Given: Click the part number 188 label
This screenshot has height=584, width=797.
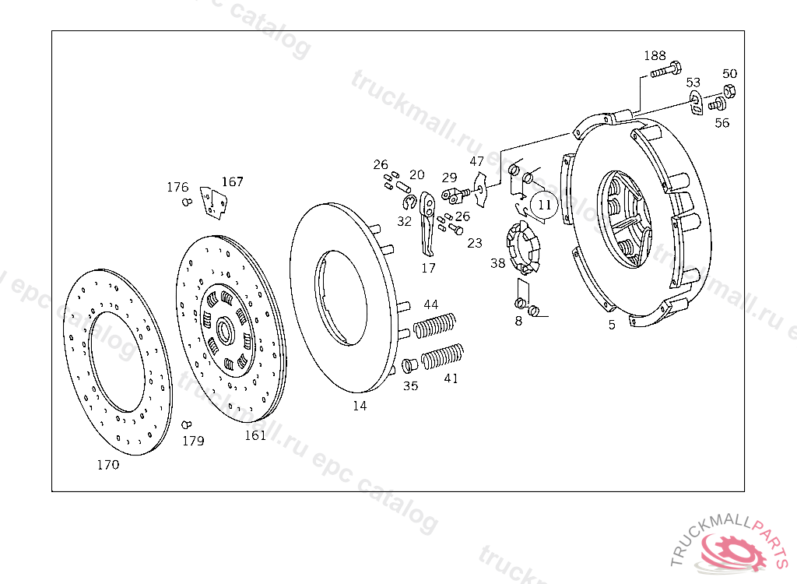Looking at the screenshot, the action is (x=655, y=56).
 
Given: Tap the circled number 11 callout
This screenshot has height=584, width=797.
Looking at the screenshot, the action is (x=544, y=206).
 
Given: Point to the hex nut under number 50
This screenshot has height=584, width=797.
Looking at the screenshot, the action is (x=730, y=90).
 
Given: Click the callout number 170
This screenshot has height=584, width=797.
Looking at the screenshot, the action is (x=108, y=465).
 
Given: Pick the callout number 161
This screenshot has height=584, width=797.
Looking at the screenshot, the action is (x=255, y=435).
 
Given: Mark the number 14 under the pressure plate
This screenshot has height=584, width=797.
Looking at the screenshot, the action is (x=359, y=406).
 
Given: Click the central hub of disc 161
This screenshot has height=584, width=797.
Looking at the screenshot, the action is (x=225, y=330).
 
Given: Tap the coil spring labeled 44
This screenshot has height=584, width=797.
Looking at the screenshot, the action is (x=435, y=325).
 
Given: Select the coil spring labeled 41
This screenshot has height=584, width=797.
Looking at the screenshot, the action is (x=443, y=356).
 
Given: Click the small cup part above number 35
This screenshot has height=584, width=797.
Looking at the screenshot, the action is (x=410, y=365).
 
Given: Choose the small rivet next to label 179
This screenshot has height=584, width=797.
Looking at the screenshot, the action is (x=186, y=424).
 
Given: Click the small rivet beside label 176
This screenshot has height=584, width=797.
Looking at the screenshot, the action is (x=186, y=202).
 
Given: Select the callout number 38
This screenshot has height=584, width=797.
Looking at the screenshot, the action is (x=497, y=263).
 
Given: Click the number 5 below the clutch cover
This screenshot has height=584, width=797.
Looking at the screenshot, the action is (x=612, y=325).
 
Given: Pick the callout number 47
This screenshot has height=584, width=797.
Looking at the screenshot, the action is (x=476, y=161).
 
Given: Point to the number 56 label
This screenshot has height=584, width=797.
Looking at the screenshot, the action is (x=722, y=123).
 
